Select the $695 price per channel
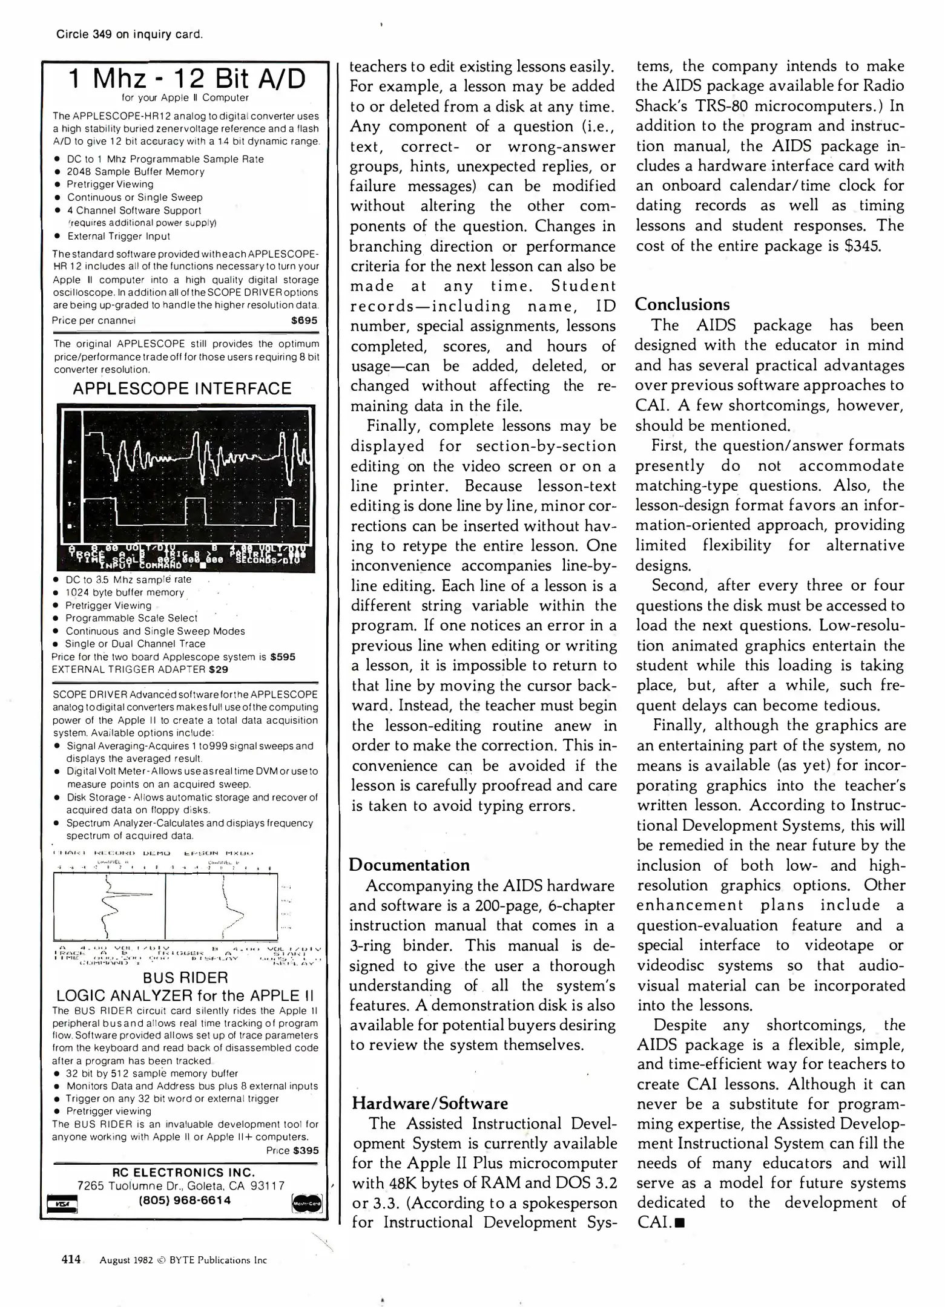(x=304, y=321)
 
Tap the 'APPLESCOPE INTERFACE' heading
(x=182, y=389)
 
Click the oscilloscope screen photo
(x=186, y=488)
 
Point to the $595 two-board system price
(x=283, y=657)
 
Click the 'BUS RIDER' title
(x=185, y=978)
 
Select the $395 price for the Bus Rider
(x=305, y=1151)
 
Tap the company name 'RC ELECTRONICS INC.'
(x=185, y=1173)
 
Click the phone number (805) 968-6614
(x=185, y=1200)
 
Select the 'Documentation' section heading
(x=409, y=865)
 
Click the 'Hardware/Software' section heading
(x=430, y=1103)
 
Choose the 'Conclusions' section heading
(x=682, y=305)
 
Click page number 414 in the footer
(x=71, y=1259)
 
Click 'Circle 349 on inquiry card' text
(x=129, y=34)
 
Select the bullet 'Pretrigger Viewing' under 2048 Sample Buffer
(x=110, y=185)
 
